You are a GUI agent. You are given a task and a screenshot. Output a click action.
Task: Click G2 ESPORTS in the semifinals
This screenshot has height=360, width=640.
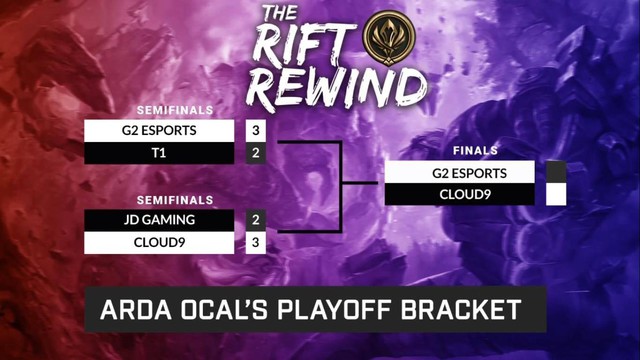click(x=160, y=130)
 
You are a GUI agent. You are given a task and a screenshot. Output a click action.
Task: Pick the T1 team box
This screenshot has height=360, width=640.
click(x=160, y=153)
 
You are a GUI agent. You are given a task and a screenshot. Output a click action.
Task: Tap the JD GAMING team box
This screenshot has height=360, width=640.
click(x=160, y=219)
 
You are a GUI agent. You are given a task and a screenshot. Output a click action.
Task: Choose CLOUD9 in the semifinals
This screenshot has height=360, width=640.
click(x=160, y=242)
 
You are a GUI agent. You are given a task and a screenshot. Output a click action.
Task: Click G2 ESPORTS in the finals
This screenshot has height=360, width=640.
click(x=461, y=172)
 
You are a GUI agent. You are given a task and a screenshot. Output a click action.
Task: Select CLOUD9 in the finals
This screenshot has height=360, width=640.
click(x=461, y=194)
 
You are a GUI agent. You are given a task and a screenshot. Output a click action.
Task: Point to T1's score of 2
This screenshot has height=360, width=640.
click(x=256, y=153)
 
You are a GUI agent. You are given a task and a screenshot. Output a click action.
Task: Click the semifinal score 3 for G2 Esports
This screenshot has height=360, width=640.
click(x=256, y=130)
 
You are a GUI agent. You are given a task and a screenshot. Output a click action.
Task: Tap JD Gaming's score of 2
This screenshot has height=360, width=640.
click(x=256, y=219)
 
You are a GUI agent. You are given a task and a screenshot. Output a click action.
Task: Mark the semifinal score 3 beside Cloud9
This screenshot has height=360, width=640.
click(x=256, y=242)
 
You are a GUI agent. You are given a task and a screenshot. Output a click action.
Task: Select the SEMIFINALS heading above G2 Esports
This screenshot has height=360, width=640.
click(x=176, y=110)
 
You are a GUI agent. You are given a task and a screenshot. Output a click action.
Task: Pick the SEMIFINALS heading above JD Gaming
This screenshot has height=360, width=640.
click(x=176, y=199)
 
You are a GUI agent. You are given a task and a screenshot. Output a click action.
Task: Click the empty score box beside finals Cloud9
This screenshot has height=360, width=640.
click(x=557, y=194)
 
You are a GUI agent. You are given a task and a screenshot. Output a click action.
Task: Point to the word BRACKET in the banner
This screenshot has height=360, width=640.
click(x=476, y=310)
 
